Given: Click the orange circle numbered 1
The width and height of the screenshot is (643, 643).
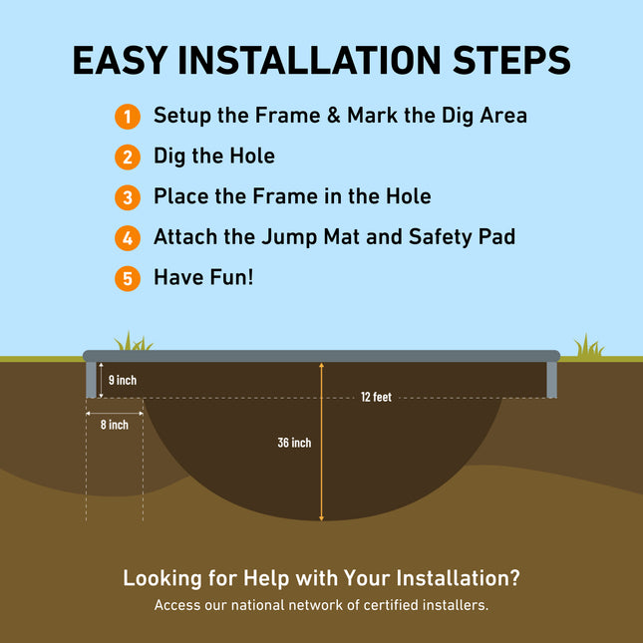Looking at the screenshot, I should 127,116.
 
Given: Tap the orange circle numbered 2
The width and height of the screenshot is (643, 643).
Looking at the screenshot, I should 127,157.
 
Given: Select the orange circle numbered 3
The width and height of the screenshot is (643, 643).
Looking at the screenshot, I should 127,196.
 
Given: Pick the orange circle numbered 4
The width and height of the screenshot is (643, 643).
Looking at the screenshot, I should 127,237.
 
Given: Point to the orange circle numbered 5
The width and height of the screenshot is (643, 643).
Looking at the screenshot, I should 127,277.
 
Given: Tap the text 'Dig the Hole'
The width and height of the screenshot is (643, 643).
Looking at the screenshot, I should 213,157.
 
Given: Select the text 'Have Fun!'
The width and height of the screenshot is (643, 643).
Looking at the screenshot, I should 203,277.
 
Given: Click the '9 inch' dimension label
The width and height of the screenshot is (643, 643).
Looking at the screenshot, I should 122,380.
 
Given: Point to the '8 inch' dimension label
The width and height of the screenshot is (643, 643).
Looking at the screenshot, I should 114,425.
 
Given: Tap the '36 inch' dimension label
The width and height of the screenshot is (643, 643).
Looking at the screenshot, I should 294,443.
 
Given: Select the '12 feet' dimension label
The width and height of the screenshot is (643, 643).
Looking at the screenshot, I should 376,397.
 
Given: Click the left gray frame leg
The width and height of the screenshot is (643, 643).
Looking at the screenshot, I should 91,379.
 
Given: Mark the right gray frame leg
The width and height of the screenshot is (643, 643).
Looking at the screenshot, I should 552,379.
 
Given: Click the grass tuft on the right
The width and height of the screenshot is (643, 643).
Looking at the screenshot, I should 588,347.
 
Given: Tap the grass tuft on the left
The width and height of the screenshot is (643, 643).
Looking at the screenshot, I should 133,342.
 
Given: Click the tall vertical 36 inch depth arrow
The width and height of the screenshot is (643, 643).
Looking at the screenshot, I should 321,469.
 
